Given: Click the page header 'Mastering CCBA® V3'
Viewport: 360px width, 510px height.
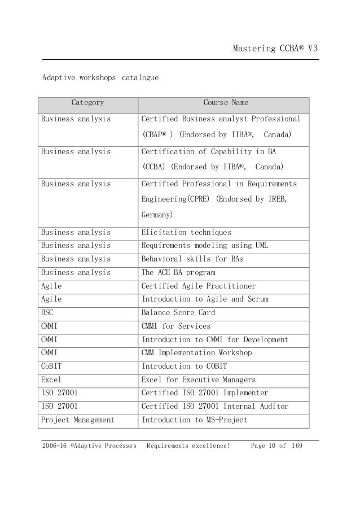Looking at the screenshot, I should tap(276, 49).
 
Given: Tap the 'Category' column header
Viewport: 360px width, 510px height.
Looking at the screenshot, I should tap(87, 103).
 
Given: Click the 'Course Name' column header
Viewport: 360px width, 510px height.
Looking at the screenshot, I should tap(225, 103).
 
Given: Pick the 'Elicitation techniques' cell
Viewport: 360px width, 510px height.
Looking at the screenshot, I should tap(186, 232).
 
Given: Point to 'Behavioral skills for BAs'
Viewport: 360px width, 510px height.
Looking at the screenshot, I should tap(188, 259).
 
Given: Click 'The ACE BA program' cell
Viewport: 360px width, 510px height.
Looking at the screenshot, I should tap(178, 272).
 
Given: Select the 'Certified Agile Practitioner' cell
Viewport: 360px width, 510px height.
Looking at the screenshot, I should tap(198, 286).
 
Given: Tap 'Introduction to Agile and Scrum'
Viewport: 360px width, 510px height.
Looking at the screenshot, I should tap(205, 299).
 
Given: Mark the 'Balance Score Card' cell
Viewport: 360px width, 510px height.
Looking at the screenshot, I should tap(178, 312).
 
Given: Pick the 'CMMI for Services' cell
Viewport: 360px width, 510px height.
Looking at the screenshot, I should tap(175, 326).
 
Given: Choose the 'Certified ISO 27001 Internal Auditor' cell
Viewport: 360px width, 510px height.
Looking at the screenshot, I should tap(214, 406).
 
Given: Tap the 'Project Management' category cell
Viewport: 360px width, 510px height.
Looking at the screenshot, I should tap(77, 420).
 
